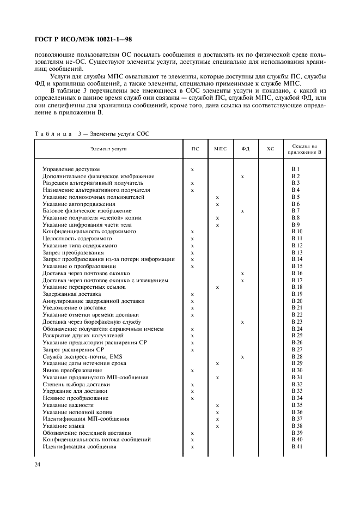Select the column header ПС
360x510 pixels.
(x=194, y=149)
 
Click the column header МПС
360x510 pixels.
(x=219, y=149)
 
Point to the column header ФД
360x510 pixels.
(x=245, y=149)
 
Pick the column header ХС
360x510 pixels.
(x=270, y=149)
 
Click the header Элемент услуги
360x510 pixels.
(x=108, y=149)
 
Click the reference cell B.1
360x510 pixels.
(x=296, y=169)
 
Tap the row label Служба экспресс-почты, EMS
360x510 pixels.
(x=79, y=356)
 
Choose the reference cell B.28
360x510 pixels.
(x=297, y=356)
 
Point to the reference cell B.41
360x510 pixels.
(x=297, y=446)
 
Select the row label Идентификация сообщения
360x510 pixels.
(x=80, y=446)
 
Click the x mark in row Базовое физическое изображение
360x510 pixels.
(x=242, y=211)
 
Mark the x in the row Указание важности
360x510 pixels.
(x=217, y=405)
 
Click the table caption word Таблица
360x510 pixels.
(x=53, y=133)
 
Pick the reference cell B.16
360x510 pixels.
(x=297, y=273)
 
